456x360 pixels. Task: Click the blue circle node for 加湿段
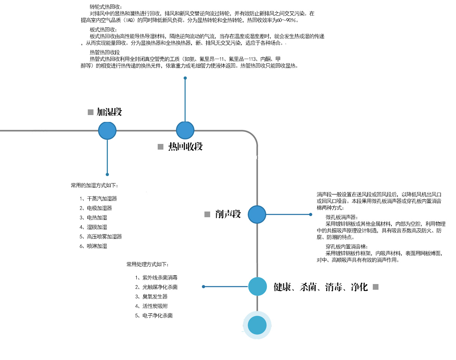coord(107,131)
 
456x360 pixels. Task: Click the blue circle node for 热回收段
coord(185,131)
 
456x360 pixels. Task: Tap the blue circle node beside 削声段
coord(257,215)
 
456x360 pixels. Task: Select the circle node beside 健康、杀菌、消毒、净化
coord(257,286)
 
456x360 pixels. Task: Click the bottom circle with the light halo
coord(257,325)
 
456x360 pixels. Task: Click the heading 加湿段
coord(109,112)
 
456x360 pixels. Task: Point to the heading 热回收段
coord(185,147)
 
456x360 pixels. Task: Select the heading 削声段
coord(228,215)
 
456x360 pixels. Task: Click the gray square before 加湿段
coord(90,112)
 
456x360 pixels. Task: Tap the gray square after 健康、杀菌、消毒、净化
coord(375,287)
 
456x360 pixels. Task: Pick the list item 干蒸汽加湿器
coord(102,199)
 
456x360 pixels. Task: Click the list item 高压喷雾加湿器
coord(104,237)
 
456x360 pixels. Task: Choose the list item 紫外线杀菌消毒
coord(160,278)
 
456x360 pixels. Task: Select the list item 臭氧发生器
coord(155,297)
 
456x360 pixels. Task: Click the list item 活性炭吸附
coord(155,306)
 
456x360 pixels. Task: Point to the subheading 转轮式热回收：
coord(106,7)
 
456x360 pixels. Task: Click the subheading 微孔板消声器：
coord(342,217)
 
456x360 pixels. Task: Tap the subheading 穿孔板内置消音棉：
coord(347,246)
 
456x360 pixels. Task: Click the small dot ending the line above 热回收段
coord(185,78)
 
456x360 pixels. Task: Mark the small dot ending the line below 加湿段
coord(107,175)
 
